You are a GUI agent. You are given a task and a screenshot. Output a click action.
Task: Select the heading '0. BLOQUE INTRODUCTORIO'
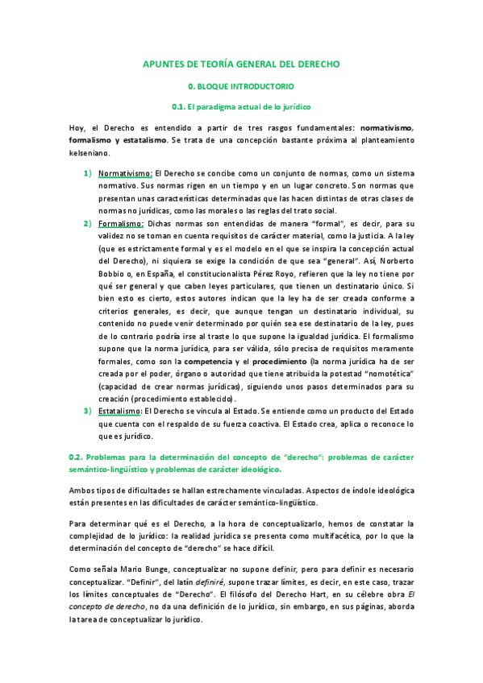241,85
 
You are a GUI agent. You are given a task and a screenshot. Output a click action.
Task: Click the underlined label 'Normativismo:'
125,173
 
